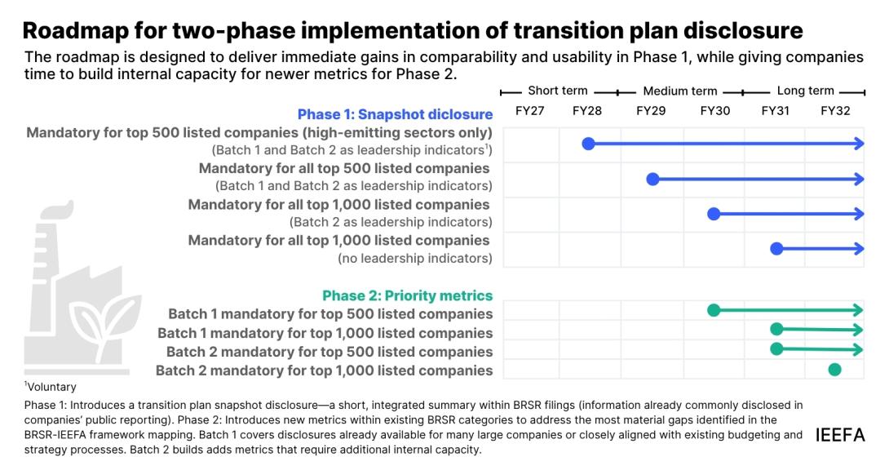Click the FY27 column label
[529, 111]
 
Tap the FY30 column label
[715, 111]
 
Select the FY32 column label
[835, 111]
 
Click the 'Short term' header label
[557, 91]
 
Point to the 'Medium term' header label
[679, 91]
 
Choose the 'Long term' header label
[805, 91]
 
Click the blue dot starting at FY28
[589, 144]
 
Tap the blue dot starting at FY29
[652, 180]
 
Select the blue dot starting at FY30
[714, 214]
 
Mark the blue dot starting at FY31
[776, 249]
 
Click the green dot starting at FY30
[714, 310]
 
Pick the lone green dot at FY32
[834, 370]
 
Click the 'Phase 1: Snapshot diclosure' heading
[396, 114]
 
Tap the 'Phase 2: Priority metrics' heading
[408, 295]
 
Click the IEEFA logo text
[840, 435]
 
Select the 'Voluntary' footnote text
[51, 387]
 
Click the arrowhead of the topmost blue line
[858, 144]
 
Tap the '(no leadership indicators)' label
[415, 258]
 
